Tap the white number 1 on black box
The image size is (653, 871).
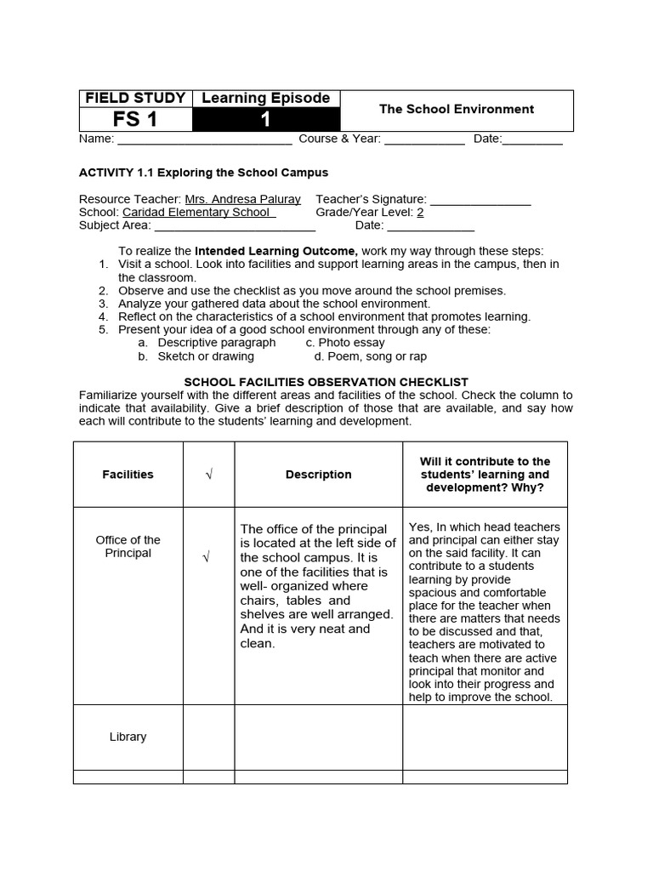tap(265, 120)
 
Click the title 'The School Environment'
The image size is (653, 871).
tap(456, 110)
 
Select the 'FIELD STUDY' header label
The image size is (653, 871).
tap(135, 99)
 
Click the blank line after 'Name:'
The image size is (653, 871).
tap(204, 139)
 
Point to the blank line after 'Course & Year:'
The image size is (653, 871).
tap(424, 139)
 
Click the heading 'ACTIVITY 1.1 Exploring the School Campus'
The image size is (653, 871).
tap(203, 173)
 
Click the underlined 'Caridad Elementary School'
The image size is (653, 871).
tap(199, 213)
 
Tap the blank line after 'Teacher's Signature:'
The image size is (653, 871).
tap(480, 200)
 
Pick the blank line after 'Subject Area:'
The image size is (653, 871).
tap(235, 225)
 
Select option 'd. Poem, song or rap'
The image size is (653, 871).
tap(364, 356)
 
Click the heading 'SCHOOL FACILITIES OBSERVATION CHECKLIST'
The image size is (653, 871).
tap(326, 383)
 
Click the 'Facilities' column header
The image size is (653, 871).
tap(128, 475)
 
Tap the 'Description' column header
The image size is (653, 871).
tap(318, 475)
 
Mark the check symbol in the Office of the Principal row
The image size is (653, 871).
tap(206, 557)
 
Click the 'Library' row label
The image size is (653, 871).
tap(128, 737)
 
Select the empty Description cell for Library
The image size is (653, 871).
tap(318, 737)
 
